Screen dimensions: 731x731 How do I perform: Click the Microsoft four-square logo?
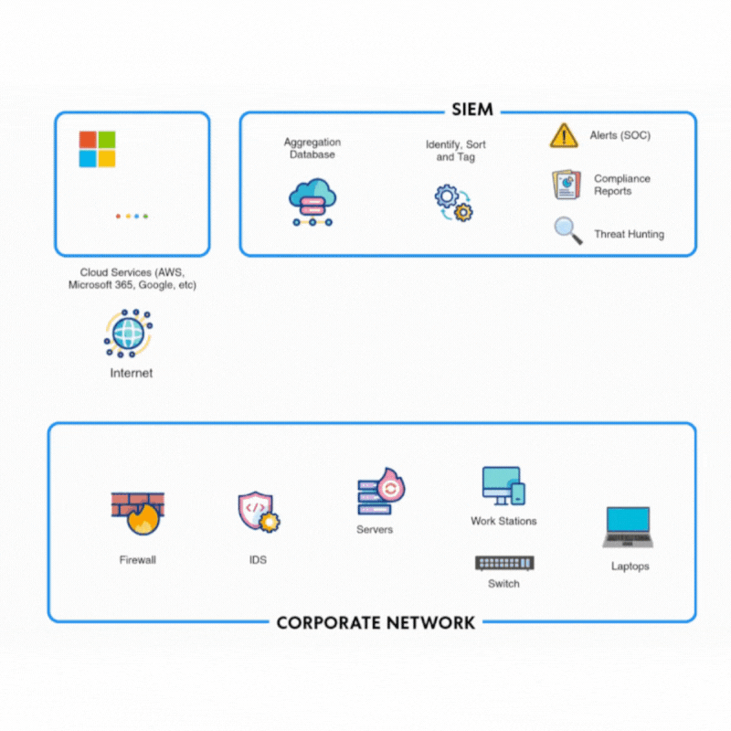pos(97,149)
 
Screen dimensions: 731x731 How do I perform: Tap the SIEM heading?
pos(472,110)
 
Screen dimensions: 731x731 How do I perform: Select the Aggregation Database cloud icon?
pos(313,201)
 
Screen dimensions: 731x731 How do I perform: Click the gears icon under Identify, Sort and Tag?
pos(454,203)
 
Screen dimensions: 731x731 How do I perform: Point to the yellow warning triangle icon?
pos(564,136)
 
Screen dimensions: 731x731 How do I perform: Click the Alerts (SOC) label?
pos(620,136)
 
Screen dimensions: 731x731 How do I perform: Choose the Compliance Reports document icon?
pos(567,185)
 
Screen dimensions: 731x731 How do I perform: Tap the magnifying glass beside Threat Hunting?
pos(568,230)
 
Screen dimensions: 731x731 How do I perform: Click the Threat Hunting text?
pos(629,235)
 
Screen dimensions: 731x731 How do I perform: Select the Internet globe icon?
pos(129,333)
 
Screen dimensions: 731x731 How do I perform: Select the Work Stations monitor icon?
pos(503,486)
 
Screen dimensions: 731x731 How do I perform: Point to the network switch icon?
pos(504,563)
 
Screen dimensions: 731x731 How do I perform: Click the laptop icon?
pos(629,527)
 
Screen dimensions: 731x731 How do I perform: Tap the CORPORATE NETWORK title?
pos(376,623)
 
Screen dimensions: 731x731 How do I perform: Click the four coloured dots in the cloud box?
pos(132,217)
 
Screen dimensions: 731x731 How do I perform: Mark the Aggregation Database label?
pos(313,148)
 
